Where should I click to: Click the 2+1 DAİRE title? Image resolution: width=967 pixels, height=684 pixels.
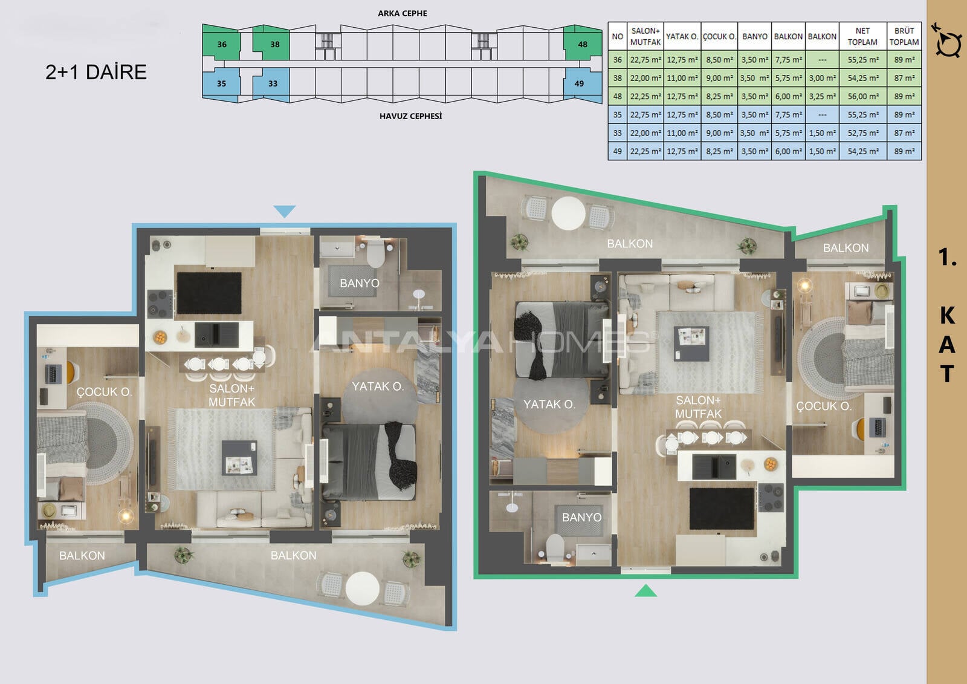coord(96,72)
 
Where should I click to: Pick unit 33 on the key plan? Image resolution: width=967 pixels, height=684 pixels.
coord(272,84)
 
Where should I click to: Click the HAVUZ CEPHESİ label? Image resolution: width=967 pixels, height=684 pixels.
coord(410,116)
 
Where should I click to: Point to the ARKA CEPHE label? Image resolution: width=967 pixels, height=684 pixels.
coord(403,13)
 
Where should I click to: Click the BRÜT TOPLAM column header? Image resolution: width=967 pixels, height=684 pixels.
coord(904,36)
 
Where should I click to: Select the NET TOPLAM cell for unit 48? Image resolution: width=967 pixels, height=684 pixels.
coord(863,96)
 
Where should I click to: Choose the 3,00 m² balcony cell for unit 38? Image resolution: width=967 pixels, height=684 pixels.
coord(822,78)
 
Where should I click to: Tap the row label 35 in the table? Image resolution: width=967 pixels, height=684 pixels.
coord(617,115)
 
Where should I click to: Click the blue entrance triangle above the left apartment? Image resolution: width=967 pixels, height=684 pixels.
coord(285,211)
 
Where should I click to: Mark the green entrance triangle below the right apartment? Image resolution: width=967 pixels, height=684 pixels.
coord(645,591)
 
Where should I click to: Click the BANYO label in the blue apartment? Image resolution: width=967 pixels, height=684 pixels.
coord(360,283)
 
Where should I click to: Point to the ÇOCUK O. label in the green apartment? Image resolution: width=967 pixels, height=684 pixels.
coord(824,406)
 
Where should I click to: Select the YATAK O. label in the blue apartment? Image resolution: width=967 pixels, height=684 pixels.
coord(378,386)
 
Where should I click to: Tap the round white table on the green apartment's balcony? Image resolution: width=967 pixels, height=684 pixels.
coord(568,213)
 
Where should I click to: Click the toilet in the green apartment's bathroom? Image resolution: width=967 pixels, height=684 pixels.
coord(555,548)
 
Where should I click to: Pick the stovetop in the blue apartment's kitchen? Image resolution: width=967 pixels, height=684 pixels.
coord(160,304)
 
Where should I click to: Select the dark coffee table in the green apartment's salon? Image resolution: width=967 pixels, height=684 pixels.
coord(691,344)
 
